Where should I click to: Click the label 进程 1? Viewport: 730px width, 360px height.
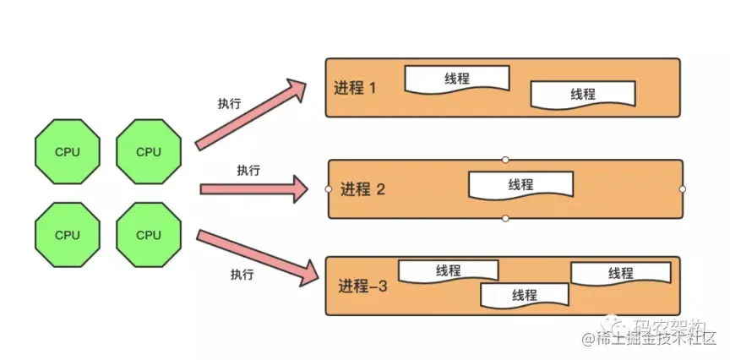[x=355, y=88]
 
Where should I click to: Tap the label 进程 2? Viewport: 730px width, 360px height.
[x=362, y=189]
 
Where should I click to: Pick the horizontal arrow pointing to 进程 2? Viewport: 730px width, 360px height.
[x=254, y=188]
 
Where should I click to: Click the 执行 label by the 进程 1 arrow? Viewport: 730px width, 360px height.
[x=229, y=103]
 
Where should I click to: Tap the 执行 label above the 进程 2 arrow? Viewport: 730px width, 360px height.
[x=248, y=171]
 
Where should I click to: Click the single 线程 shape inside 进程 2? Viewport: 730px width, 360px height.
[x=520, y=186]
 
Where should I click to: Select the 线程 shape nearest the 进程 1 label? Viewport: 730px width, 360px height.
[x=457, y=79]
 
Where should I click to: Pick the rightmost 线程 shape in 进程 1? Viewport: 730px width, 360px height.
[x=583, y=94]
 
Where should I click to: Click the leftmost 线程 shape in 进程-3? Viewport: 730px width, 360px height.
[x=448, y=270]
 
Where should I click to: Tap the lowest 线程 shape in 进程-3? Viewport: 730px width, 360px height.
[x=524, y=295]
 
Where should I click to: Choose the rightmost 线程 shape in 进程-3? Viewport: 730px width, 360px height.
[x=621, y=273]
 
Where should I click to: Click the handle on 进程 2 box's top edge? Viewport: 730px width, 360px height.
[x=505, y=159]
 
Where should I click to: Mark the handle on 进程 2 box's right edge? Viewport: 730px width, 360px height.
[x=682, y=188]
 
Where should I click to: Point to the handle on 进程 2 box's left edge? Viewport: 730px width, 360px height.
[x=328, y=188]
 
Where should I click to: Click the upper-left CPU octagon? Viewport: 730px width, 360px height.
[x=68, y=152]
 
